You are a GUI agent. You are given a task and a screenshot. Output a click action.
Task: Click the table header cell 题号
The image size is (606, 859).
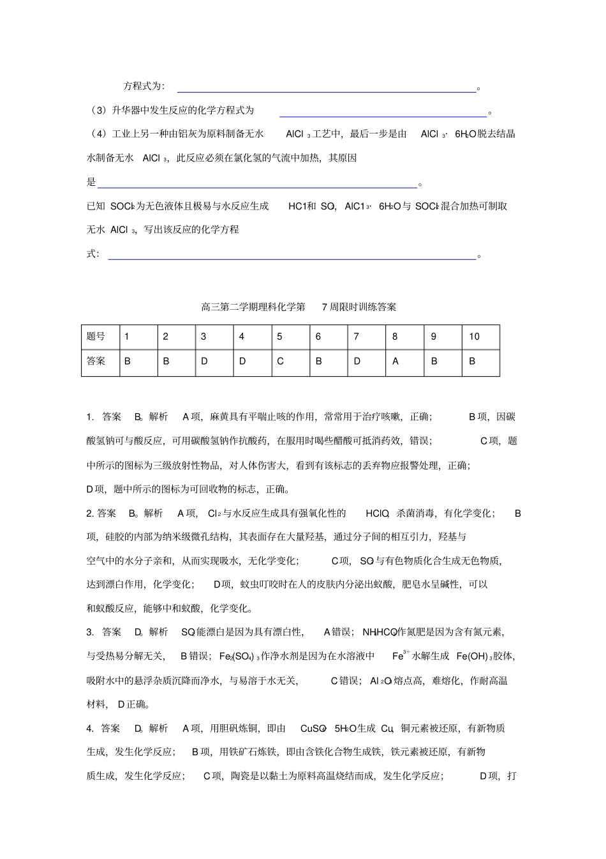point(96,337)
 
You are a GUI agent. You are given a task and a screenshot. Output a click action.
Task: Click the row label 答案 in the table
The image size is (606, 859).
point(96,361)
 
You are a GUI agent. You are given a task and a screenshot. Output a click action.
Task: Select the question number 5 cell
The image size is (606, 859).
point(279,337)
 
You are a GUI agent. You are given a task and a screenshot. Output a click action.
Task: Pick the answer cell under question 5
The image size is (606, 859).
point(280,361)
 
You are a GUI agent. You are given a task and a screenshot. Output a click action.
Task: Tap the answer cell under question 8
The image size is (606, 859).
point(395,361)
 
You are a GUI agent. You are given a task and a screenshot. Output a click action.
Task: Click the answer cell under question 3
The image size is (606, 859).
point(204,361)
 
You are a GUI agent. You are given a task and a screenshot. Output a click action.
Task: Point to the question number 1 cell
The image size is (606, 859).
point(127,337)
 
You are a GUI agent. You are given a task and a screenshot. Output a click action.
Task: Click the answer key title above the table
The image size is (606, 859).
point(299,307)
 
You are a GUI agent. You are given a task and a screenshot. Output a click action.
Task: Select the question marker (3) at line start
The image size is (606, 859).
point(98,110)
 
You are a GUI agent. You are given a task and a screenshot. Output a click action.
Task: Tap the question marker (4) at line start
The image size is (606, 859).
point(98,134)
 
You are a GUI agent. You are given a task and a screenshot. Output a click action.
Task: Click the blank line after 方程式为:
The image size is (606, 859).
point(326,91)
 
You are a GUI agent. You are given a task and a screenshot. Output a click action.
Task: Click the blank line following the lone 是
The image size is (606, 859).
point(257,186)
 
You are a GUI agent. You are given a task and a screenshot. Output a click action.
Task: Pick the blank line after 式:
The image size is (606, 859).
point(292,258)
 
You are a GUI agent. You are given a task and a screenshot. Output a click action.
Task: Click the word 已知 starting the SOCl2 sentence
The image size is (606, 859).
point(96,206)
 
